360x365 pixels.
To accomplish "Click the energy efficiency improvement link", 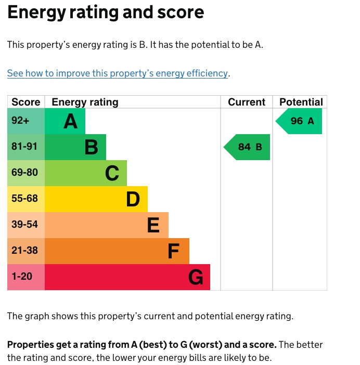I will point(118,73).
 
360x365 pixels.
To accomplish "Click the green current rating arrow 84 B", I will point(247,147).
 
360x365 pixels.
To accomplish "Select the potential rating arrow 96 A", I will point(299,121).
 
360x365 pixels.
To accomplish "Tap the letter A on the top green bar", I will point(70,122).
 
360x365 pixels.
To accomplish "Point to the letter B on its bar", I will point(91,148).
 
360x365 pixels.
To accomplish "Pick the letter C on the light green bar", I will point(112,173).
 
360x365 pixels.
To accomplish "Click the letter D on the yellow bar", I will point(133,199).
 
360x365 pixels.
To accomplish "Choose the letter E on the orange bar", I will point(153,225).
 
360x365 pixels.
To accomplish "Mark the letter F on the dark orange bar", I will point(173,252).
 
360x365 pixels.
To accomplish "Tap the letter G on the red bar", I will point(195,278).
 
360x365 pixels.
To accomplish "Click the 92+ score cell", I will point(20,121).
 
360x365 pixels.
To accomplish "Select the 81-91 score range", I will point(24,147).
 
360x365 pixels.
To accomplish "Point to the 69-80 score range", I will point(24,173).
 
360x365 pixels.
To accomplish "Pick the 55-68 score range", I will point(24,199).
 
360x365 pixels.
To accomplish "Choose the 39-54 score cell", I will point(24,225).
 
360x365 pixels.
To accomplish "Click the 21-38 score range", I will point(24,251).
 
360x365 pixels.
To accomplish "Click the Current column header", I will point(247,102).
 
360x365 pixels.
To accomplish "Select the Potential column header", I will point(301,102).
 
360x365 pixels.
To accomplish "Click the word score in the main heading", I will point(179,12).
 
